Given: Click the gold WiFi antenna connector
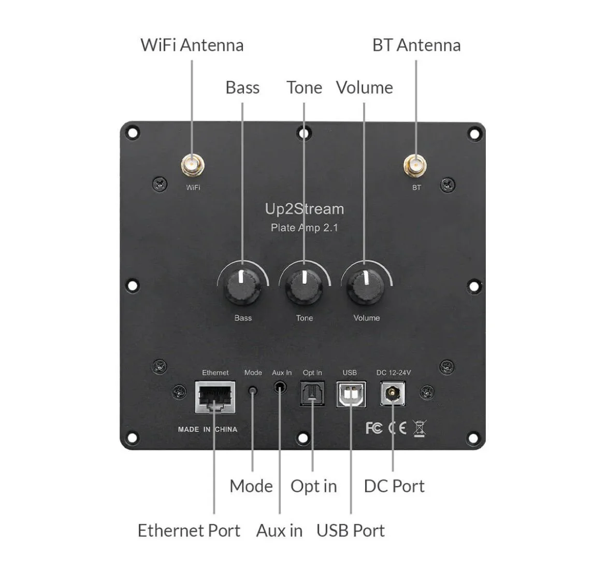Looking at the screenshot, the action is [192, 166].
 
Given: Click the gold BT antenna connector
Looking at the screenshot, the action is [415, 166].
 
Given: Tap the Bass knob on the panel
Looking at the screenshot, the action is [242, 287].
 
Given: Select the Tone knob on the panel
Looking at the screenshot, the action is [304, 287].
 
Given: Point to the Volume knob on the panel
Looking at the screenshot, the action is [366, 287].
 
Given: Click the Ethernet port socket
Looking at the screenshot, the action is [215, 397].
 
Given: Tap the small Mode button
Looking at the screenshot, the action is [253, 390].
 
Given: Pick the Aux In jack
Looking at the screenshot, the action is [280, 387].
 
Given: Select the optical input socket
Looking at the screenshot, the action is [312, 394].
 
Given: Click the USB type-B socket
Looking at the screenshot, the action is [351, 395].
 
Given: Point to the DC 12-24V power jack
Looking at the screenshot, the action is [393, 394].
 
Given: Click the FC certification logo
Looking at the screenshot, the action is [374, 428].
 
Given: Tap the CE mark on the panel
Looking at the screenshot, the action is [397, 428].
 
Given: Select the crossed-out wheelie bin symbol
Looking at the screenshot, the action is [420, 429].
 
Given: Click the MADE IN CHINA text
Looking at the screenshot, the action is [207, 430].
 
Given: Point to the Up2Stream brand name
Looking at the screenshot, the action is [304, 209].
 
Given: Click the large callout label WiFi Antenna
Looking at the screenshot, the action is [192, 45].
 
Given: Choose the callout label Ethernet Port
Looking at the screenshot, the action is [189, 531].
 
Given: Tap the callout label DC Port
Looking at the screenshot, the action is [394, 486].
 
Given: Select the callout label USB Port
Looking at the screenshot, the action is [350, 531].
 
